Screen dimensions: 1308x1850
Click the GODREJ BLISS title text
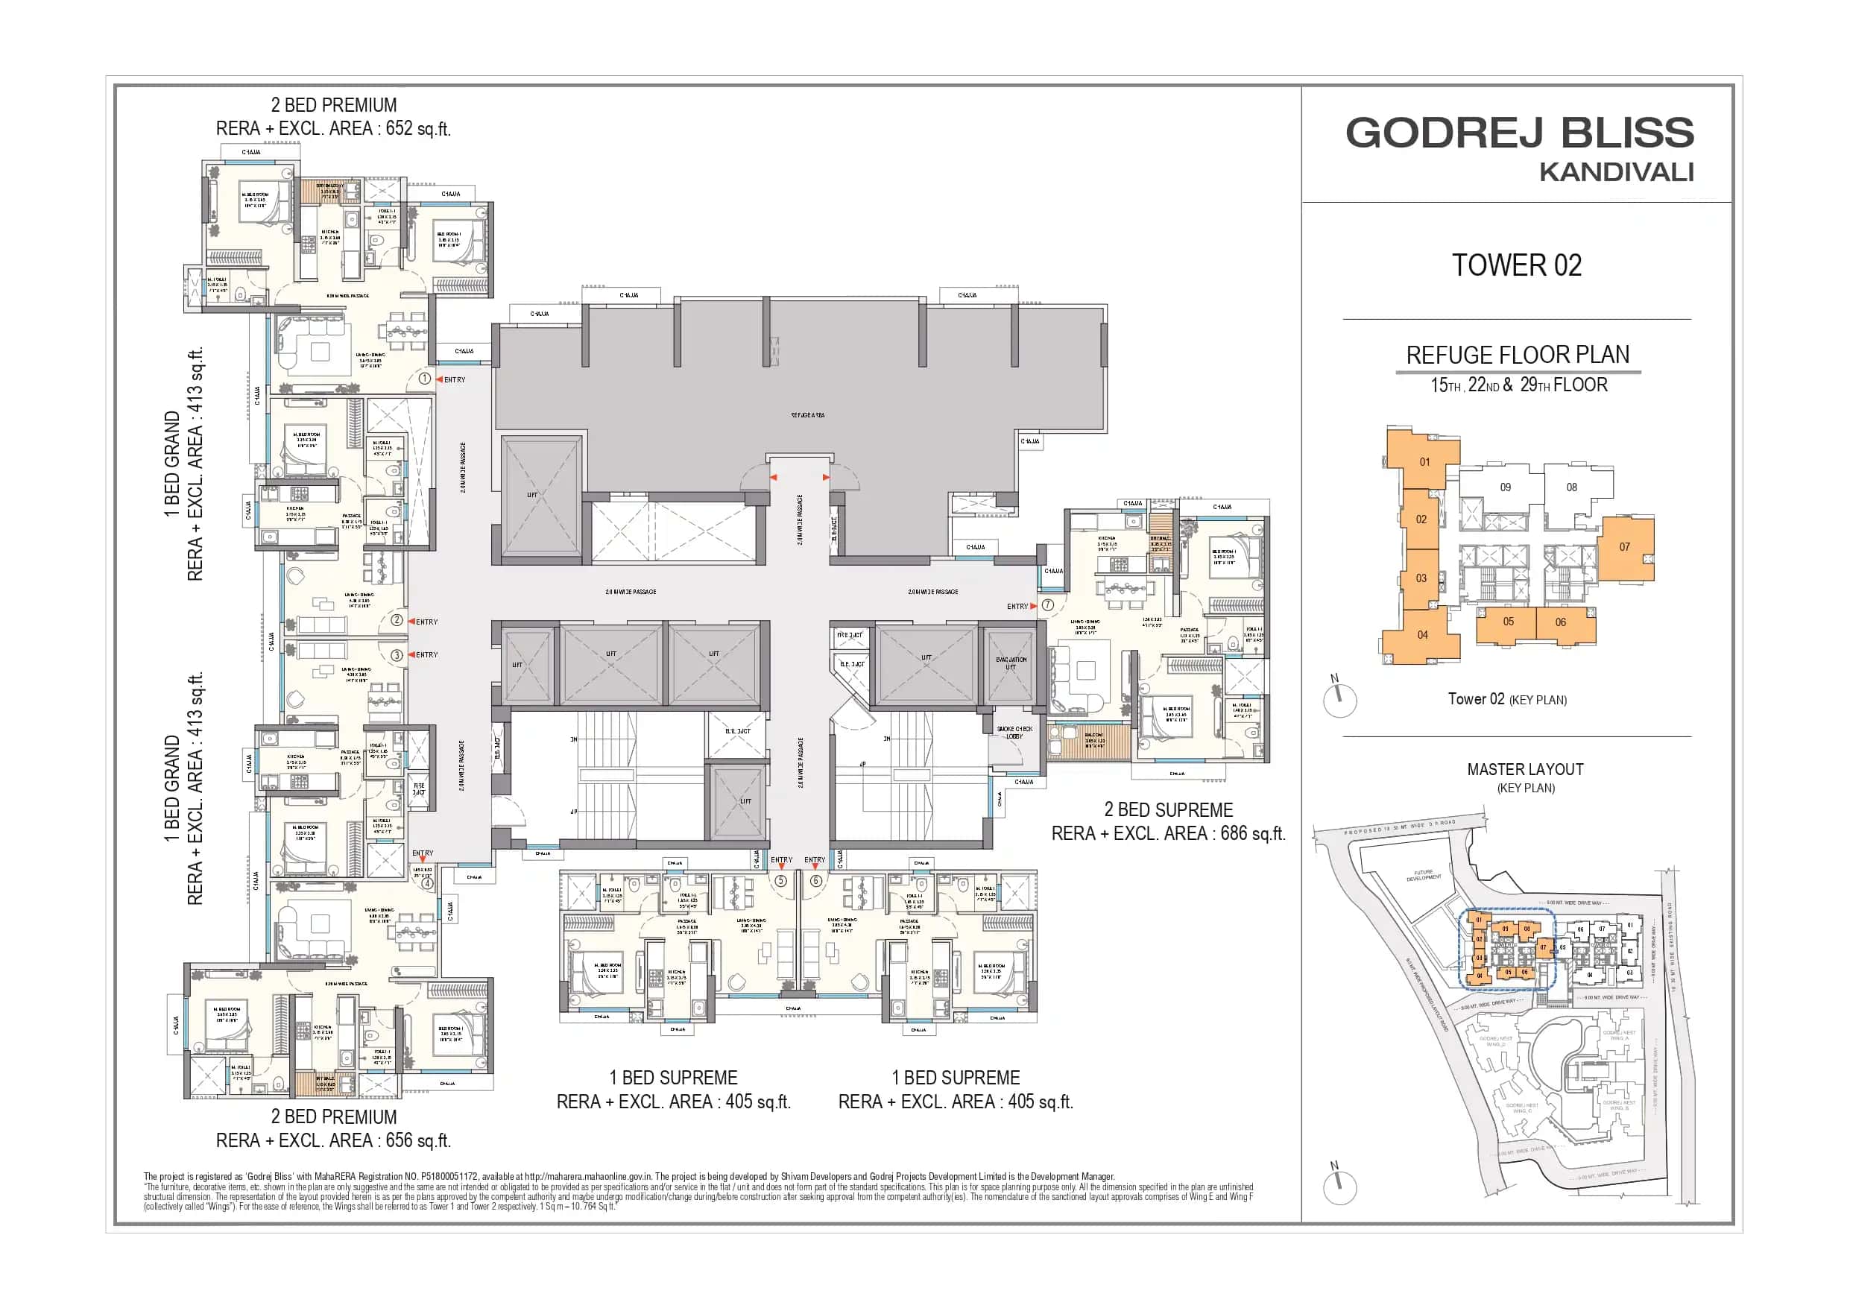point(1519,133)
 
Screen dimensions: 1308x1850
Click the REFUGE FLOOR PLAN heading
point(1518,355)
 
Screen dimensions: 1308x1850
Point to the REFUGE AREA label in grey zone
point(807,415)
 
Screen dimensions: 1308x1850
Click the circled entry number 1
point(425,379)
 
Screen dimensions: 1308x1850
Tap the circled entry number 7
point(1047,605)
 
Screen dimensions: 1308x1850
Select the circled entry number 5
point(780,881)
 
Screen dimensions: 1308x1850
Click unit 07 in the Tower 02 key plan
point(1624,547)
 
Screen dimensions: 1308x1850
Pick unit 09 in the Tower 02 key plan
point(1505,487)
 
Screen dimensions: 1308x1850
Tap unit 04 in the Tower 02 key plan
point(1422,635)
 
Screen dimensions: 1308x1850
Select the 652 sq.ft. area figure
point(417,129)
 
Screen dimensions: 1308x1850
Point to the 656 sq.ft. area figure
point(417,1140)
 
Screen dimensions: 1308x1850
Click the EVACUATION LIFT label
point(1011,663)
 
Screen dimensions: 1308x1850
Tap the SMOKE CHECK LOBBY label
point(1014,733)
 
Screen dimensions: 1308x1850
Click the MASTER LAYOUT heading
point(1524,770)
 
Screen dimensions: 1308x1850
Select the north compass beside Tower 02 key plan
point(1339,699)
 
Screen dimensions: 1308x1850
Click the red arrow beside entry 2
point(411,622)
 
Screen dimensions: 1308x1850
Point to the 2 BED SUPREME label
point(1167,810)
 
